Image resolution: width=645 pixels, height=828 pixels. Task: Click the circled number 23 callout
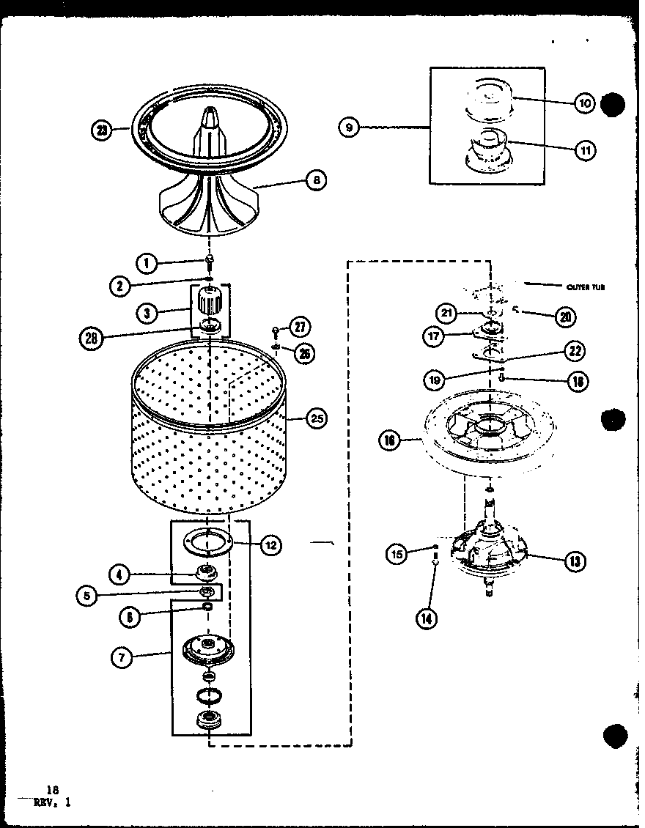tap(101, 131)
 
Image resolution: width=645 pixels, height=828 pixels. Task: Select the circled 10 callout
tap(584, 103)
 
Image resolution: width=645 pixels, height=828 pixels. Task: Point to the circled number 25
tap(316, 419)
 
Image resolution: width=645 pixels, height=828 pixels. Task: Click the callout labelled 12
tap(270, 544)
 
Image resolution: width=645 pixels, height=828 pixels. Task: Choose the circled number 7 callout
tap(122, 657)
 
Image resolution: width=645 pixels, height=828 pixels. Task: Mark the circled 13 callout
tap(574, 561)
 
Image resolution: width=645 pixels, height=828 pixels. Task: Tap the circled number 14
tap(426, 619)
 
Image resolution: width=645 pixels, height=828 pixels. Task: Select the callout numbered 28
tap(91, 338)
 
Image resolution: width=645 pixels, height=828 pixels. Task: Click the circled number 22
tap(575, 351)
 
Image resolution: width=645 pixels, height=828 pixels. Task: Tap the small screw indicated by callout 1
tap(210, 259)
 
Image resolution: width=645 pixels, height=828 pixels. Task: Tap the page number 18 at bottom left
tap(51, 789)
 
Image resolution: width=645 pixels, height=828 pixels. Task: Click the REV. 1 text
tap(52, 802)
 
